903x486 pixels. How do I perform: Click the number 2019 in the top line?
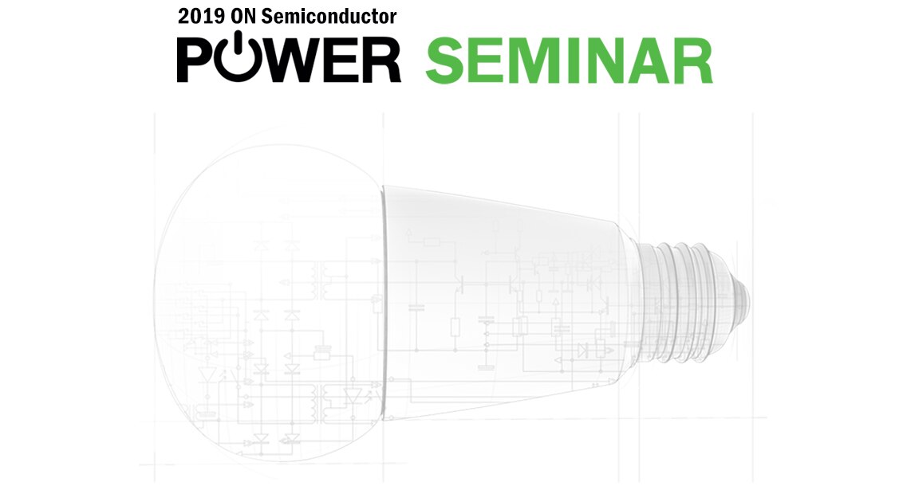(201, 16)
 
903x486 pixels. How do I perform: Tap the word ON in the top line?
(243, 16)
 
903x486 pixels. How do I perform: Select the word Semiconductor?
(329, 16)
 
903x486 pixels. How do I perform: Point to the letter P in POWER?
(195, 60)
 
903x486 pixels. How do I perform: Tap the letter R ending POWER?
(381, 60)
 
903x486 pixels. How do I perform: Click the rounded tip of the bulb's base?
(743, 299)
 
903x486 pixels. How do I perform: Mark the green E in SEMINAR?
(486, 61)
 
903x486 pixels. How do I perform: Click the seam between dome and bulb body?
(382, 303)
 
